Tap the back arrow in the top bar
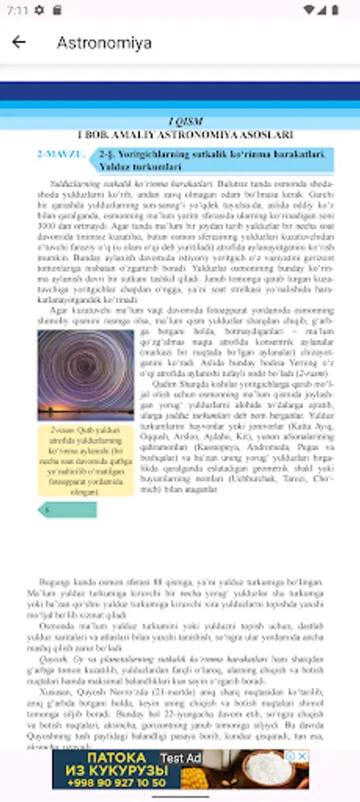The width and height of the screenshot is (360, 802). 19,42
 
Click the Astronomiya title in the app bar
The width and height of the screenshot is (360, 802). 104,42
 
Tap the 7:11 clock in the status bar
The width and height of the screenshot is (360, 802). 18,10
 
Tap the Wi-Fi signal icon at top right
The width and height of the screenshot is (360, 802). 310,10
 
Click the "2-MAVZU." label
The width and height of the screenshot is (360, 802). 61,154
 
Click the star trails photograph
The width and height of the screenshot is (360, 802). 86,375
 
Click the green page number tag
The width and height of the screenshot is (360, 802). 67,510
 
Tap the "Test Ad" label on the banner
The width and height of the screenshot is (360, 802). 181,757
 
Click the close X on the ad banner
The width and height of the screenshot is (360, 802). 301,757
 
